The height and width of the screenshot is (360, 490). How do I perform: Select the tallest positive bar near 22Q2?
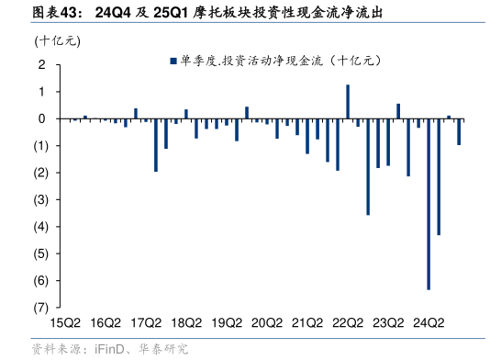pos(348,102)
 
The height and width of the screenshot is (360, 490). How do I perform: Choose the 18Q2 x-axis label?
pos(186,322)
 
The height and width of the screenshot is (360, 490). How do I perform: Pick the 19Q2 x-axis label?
pos(227,322)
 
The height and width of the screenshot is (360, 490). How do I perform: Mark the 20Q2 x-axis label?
pos(267,322)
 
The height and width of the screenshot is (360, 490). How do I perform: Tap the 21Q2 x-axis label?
pos(307,322)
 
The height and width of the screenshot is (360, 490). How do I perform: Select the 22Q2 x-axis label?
pos(348,322)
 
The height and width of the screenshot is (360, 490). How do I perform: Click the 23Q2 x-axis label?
pos(388,322)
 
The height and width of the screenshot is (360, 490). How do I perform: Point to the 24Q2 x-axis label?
pos(429,322)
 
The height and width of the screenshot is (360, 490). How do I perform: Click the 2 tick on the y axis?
pos(42,65)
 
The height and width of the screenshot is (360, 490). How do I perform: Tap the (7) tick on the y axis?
pos(40,308)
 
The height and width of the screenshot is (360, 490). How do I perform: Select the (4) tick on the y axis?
pos(40,227)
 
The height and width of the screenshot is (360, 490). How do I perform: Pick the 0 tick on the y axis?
pos(42,119)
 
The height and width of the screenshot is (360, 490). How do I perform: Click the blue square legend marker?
pos(172,62)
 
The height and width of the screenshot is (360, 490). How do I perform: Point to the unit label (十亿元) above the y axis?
pos(57,40)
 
